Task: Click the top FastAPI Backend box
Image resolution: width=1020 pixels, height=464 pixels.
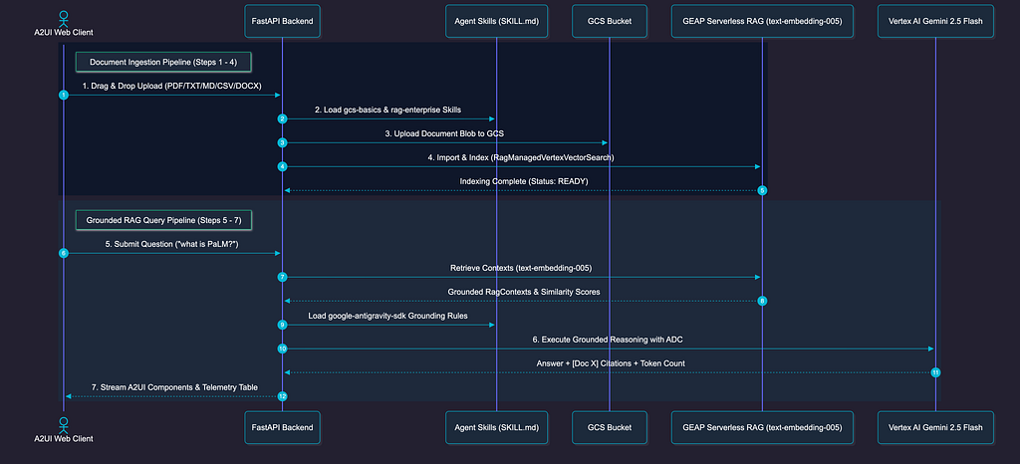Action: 282,22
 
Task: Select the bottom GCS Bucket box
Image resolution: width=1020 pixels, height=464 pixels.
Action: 610,427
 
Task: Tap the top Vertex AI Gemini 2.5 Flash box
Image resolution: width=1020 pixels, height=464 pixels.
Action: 935,22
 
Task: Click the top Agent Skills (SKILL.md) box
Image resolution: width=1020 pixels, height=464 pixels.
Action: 496,22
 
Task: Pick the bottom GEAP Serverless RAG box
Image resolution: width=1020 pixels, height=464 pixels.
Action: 762,427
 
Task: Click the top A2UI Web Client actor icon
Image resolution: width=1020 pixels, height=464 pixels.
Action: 63,18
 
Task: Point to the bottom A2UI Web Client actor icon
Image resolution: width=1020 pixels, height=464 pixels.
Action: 63,425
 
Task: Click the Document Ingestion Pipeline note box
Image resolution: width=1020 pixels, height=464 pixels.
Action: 164,63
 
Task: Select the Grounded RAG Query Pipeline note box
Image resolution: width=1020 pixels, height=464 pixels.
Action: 164,220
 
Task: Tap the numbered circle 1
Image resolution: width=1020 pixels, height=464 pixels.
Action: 63,95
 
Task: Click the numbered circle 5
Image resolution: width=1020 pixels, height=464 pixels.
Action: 762,190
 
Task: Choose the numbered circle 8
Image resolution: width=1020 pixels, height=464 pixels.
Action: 762,301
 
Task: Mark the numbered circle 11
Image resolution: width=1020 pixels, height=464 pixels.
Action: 935,372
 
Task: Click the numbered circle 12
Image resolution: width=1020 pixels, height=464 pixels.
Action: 282,395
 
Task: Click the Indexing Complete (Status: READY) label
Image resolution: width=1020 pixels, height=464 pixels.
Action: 524,181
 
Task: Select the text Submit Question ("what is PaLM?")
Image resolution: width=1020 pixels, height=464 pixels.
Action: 172,244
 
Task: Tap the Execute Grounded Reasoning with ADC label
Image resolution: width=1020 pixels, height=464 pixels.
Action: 609,340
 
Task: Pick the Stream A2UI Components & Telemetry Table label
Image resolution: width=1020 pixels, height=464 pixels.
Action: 174,387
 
